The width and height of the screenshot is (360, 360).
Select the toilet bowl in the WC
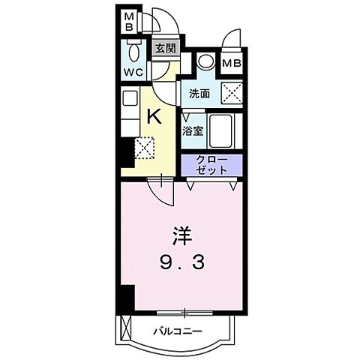tap(133, 52)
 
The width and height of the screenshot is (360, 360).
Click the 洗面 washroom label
tap(199, 94)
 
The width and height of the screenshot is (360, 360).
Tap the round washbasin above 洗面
tap(205, 64)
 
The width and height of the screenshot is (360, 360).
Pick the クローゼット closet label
tap(211, 164)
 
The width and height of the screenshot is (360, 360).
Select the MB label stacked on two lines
tap(128, 21)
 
